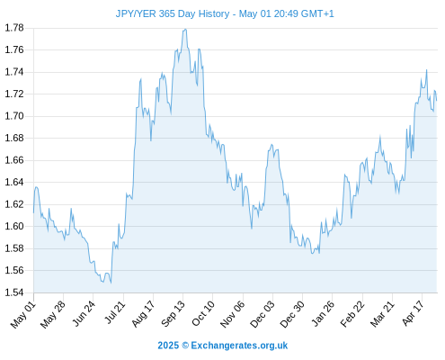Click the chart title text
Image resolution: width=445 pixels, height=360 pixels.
[225, 13]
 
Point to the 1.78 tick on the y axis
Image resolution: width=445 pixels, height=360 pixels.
[14, 28]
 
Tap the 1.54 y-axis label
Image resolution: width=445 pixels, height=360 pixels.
[14, 292]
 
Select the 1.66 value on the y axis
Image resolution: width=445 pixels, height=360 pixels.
[14, 160]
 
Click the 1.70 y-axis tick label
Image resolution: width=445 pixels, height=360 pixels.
[14, 116]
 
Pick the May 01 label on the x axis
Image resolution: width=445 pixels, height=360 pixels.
[23, 315]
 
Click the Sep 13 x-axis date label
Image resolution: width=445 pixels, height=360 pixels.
[173, 314]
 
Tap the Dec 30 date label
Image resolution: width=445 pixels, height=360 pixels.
[292, 314]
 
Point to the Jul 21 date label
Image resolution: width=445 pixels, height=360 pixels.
[115, 312]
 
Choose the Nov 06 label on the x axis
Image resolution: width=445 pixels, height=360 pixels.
[232, 314]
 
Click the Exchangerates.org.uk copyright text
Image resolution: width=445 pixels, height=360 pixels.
[223, 346]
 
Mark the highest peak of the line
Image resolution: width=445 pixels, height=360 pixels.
[185, 29]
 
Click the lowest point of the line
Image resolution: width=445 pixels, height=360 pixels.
[111, 283]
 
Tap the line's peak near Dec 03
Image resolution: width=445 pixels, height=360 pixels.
[271, 145]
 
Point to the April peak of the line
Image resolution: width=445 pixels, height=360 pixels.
[426, 70]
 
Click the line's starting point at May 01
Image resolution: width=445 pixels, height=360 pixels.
[33, 213]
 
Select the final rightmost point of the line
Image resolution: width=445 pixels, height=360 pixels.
[437, 100]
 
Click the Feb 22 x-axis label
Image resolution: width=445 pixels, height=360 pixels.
[352, 314]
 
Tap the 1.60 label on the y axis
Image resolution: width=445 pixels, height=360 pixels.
[14, 226]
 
